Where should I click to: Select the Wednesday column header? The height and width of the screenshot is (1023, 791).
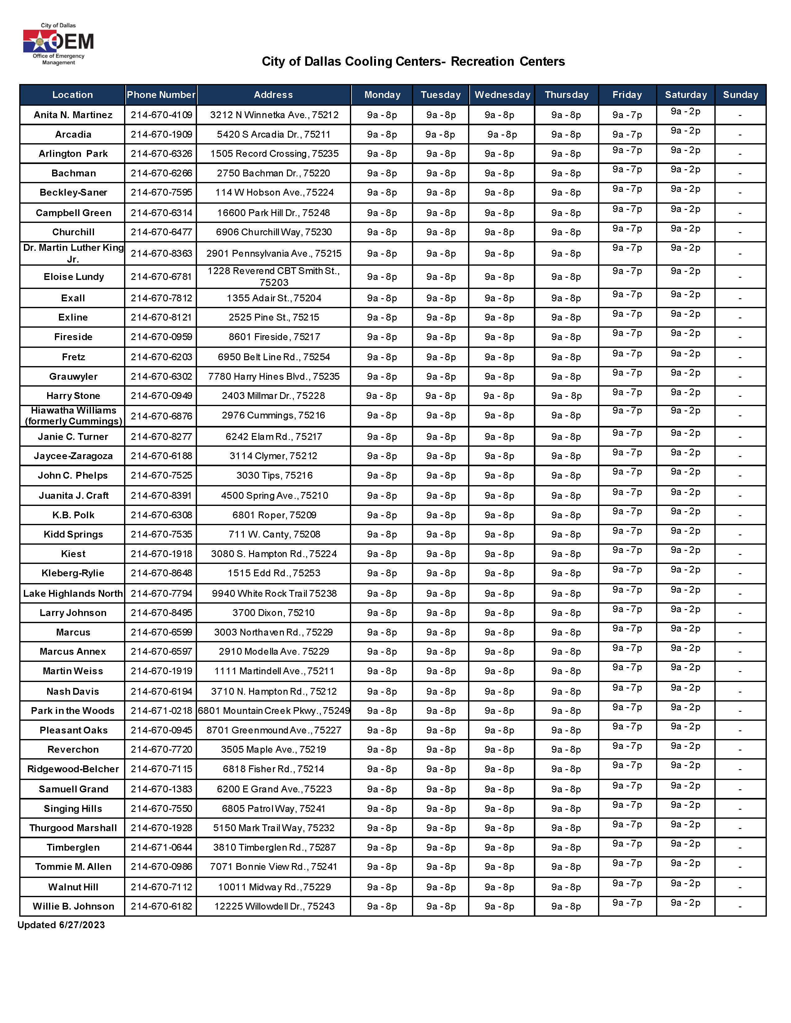point(502,95)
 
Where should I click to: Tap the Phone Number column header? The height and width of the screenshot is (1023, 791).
point(161,95)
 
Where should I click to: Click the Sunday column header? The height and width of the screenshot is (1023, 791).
point(740,95)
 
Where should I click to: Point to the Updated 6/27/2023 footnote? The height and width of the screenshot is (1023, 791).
point(61,925)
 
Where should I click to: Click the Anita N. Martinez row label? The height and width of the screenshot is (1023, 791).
point(73,115)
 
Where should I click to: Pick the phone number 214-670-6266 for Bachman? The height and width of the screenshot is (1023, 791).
point(161,173)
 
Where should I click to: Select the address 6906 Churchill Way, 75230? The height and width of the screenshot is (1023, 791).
point(274,232)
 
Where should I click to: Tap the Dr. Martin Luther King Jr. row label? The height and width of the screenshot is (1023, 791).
point(73,253)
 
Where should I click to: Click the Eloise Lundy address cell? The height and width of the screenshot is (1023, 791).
point(274,276)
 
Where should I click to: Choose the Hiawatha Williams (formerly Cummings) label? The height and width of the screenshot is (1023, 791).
point(73,415)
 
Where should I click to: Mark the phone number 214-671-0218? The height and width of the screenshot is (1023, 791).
point(161,711)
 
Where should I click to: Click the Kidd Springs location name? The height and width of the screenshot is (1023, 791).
point(73,534)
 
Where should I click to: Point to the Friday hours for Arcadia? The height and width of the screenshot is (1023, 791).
point(627,135)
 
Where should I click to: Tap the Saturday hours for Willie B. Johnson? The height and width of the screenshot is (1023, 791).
point(685,903)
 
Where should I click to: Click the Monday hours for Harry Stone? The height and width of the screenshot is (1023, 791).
point(382,396)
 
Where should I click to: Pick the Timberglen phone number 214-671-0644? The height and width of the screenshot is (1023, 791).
point(161,847)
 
